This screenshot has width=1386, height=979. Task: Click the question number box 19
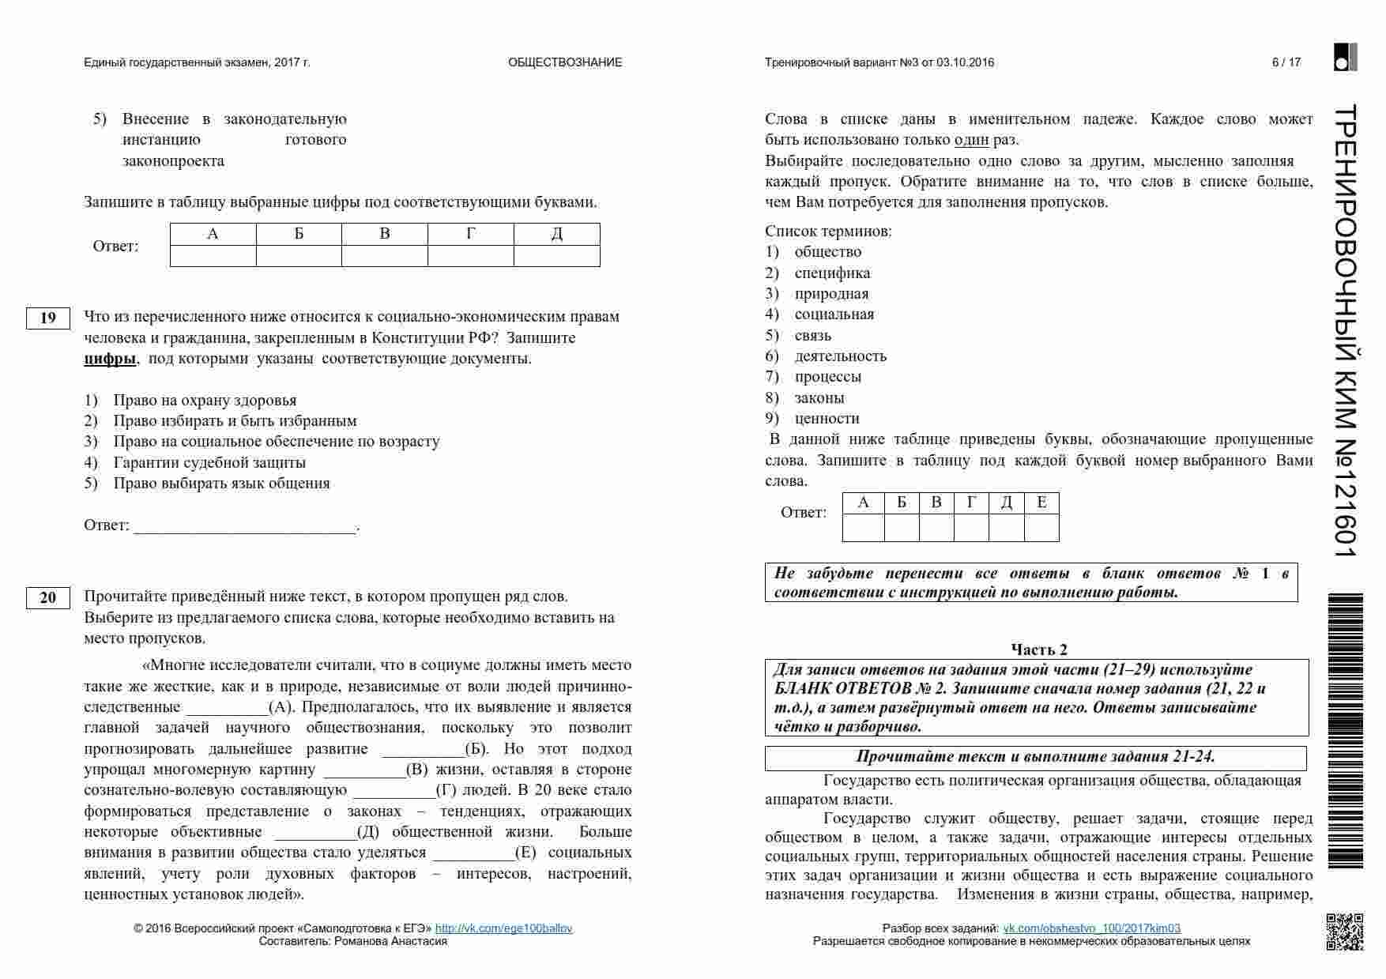[x=48, y=318]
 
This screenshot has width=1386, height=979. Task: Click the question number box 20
[x=48, y=597]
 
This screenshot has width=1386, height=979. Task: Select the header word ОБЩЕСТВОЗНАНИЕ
[x=565, y=62]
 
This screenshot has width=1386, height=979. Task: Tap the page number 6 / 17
[x=1286, y=62]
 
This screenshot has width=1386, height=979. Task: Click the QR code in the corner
[x=1344, y=932]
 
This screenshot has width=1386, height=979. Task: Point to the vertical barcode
[x=1345, y=731]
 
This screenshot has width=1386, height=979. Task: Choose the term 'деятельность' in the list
[x=840, y=356]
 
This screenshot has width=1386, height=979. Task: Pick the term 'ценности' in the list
[x=827, y=419]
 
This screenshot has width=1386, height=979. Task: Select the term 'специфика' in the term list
[x=832, y=273]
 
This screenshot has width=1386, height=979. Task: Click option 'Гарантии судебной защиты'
[x=209, y=463]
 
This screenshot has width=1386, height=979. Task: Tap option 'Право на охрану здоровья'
[x=205, y=401]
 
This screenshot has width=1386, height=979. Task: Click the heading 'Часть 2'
[x=1039, y=650]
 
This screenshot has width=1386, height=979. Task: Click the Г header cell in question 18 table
[x=471, y=234]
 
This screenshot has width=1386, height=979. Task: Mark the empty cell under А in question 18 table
[x=213, y=256]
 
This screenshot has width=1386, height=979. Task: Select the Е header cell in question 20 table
[x=1041, y=503]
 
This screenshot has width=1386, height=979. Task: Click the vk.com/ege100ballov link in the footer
[x=503, y=928]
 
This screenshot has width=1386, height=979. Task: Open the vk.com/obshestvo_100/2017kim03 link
[x=1091, y=928]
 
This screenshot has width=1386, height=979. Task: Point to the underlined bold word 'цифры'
[x=110, y=359]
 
